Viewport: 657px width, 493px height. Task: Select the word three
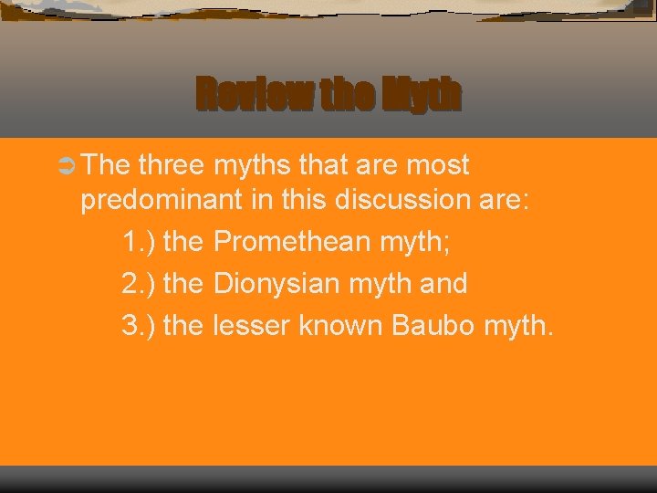coord(172,165)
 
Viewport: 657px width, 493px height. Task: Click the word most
coord(434,165)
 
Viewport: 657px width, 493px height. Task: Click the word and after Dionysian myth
coord(443,283)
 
